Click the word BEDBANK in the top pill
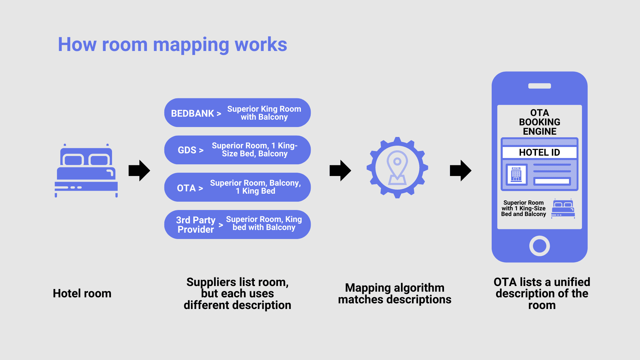coord(192,113)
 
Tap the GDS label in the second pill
coord(187,150)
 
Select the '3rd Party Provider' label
coord(196,225)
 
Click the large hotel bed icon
coord(86,171)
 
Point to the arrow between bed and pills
coord(139,171)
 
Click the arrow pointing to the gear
coord(340,171)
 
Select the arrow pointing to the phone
coord(461,171)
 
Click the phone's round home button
coord(539,246)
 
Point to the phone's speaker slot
coord(539,86)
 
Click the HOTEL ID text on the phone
coord(539,152)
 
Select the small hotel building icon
coord(516,174)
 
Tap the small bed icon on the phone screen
coord(563,209)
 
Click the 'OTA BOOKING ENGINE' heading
coord(539,122)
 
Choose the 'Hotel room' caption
coord(82,293)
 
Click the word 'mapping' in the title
coord(191,45)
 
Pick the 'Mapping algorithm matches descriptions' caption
coord(395,293)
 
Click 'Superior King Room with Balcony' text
coord(264,113)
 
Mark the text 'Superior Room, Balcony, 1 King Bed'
coord(255,187)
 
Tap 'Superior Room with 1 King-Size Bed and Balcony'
coord(523,208)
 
